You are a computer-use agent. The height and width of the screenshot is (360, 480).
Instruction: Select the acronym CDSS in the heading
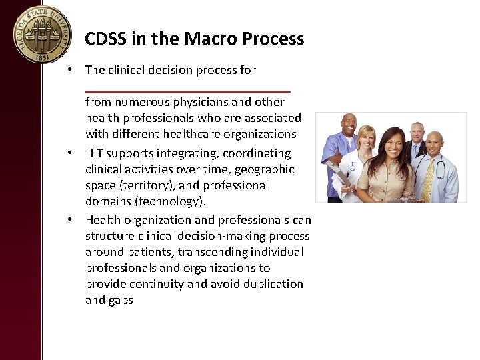(107, 39)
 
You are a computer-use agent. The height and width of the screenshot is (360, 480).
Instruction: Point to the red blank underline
(187, 91)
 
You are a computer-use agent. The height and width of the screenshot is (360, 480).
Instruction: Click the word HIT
(94, 153)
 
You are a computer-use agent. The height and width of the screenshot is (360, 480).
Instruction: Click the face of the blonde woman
(367, 138)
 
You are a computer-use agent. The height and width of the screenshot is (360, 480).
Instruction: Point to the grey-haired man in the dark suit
(417, 134)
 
